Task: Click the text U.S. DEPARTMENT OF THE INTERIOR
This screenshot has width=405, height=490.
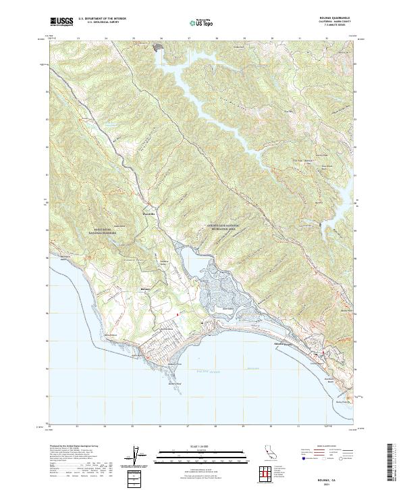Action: pyautogui.click(x=102, y=20)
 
